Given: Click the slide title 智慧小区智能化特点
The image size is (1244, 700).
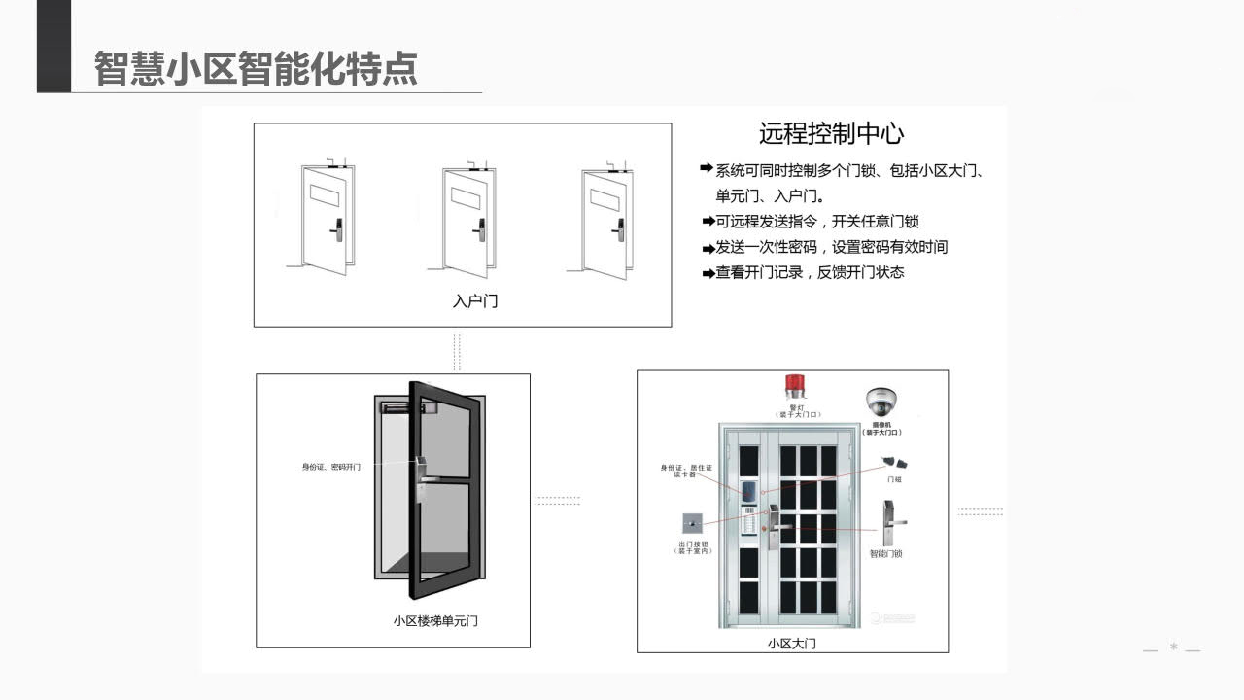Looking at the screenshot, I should point(256,69).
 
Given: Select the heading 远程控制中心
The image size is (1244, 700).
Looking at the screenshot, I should point(831,133).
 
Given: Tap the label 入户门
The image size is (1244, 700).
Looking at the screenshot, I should point(475,300).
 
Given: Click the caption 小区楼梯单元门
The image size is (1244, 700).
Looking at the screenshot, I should point(435,620).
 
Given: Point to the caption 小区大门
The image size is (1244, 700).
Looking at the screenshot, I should point(791,643).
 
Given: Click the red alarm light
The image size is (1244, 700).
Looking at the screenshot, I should point(796,386).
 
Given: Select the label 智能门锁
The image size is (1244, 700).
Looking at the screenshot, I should point(885,553).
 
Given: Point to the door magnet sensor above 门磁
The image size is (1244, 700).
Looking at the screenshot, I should point(892,462).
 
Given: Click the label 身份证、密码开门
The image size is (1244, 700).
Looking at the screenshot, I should point(330,468).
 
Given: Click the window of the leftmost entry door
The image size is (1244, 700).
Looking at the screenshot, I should point(323,194).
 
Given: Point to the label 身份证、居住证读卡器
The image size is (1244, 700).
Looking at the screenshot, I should point(686,471).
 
